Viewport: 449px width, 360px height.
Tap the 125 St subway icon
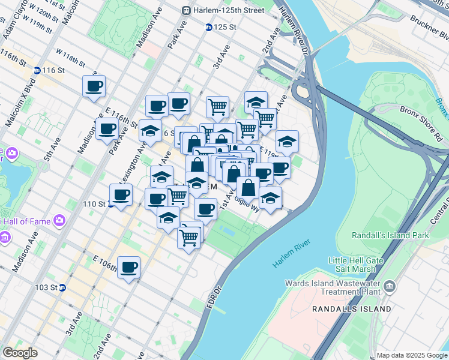pos(208,27)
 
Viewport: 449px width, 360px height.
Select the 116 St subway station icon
pos(37,70)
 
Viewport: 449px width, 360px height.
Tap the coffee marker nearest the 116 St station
pos(94,86)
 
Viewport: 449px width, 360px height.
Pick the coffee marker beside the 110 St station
pos(121,194)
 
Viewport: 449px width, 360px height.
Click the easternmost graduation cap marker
pos(288,141)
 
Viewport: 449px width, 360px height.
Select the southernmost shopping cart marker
pos(189,236)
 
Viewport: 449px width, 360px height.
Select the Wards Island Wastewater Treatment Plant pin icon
pos(390,284)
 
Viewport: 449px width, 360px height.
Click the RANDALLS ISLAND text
pos(352,309)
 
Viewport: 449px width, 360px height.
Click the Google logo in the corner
pos(20,353)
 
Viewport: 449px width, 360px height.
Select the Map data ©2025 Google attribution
pos(411,355)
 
